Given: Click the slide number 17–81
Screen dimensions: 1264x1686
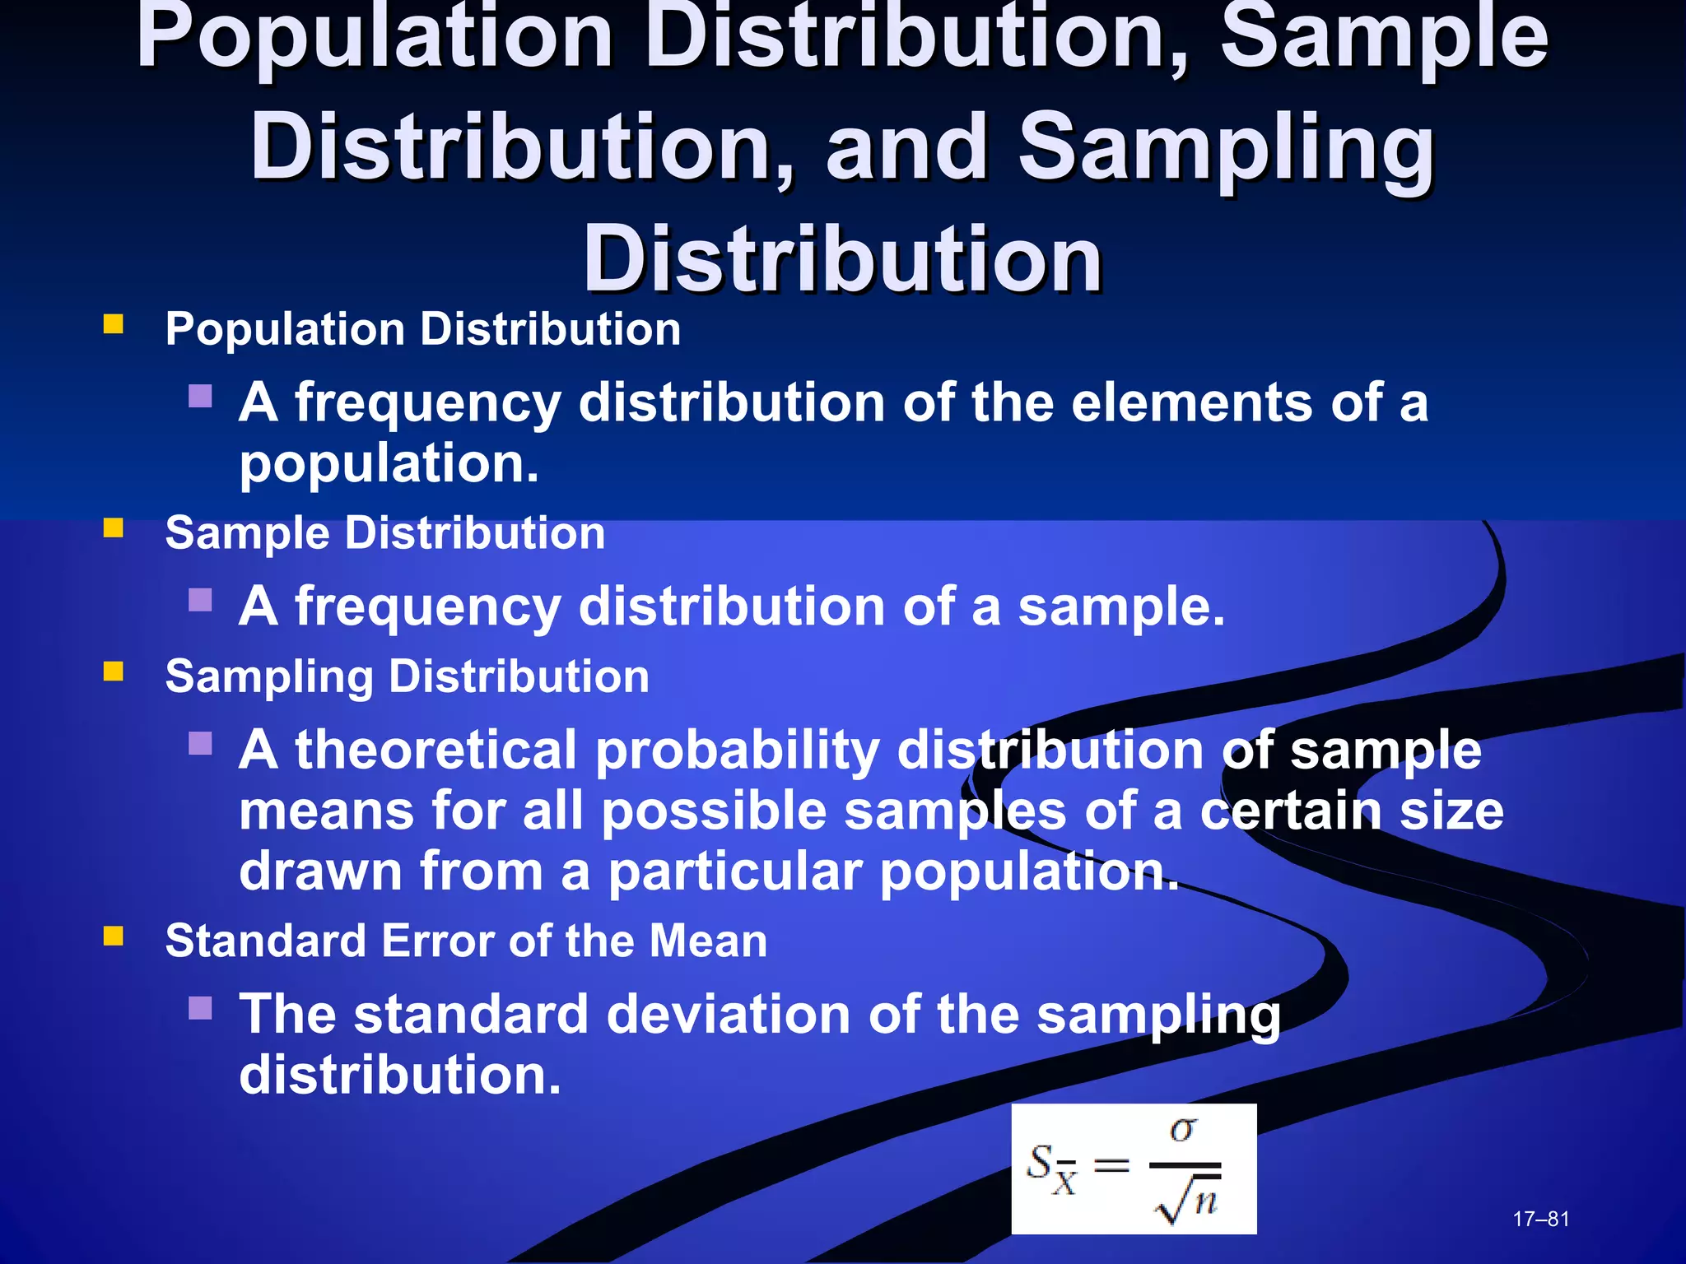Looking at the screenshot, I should point(1541,1219).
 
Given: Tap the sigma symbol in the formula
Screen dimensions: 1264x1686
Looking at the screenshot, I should point(1184,1131).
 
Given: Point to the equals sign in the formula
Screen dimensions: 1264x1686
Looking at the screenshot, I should point(1111,1165).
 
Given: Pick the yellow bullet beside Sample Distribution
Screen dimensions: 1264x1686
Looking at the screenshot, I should point(114,527).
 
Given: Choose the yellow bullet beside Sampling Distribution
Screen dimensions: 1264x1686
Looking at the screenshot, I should point(114,671).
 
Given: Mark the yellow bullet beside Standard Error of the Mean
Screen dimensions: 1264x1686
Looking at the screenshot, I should point(114,936).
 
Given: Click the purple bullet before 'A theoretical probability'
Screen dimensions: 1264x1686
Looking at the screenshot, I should point(200,744).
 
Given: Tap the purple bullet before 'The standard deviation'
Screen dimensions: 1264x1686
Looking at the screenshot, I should point(200,1008).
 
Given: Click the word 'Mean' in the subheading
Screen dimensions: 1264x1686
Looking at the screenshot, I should point(708,941).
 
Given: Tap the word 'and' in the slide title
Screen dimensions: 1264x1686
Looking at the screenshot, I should point(906,148).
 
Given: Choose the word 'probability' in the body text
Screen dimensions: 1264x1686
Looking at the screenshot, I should point(737,751).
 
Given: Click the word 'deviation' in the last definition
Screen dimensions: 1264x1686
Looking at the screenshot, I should point(728,1014).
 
